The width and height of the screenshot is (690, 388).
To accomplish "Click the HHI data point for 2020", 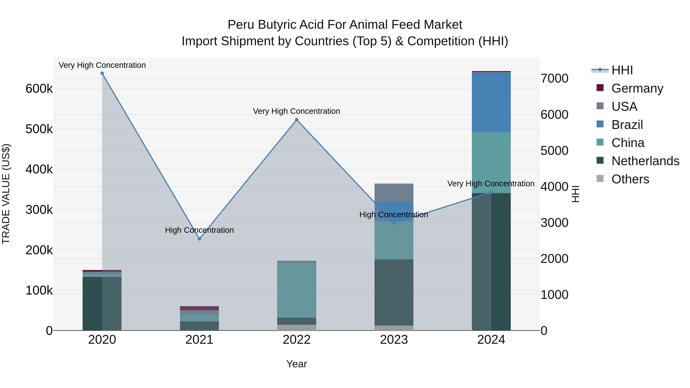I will click(102, 73).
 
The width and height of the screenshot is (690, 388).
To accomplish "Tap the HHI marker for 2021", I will click(199, 239).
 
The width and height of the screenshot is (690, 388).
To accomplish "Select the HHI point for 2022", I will click(297, 120).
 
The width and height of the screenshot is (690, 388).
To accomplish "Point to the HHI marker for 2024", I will click(491, 192).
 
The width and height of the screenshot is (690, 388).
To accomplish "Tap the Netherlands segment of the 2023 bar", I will click(394, 292).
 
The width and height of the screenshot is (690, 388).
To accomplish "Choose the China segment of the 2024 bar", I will click(491, 162).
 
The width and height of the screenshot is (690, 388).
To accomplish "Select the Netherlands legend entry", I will click(645, 161).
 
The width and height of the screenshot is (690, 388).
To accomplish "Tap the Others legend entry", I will click(630, 179).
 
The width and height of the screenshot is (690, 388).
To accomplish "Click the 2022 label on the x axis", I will click(297, 340).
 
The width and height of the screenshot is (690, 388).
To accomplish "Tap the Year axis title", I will click(297, 364).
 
